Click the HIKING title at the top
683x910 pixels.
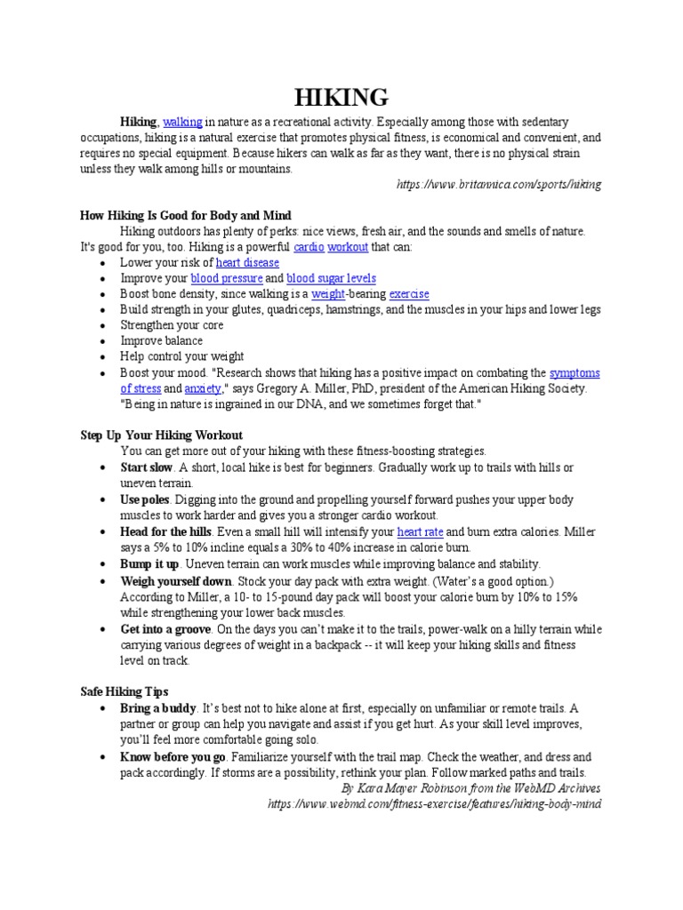click(x=341, y=97)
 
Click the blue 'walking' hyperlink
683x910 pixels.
click(x=182, y=122)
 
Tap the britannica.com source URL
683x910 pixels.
click(x=498, y=184)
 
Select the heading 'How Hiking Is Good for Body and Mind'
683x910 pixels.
click(x=186, y=216)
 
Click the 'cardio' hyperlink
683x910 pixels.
click(x=308, y=247)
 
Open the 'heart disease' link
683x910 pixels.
click(x=247, y=262)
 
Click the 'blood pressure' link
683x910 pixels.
click(x=222, y=278)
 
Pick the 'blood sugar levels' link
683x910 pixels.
click(x=331, y=278)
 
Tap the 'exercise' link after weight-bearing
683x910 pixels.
click(x=409, y=293)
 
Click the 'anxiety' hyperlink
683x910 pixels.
click(x=202, y=388)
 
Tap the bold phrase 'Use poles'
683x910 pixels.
click(x=145, y=499)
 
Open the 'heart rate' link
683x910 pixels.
click(x=422, y=531)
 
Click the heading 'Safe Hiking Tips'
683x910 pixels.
click(x=124, y=690)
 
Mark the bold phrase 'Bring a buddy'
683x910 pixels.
click(x=159, y=708)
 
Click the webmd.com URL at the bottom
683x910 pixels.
click(x=435, y=803)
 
